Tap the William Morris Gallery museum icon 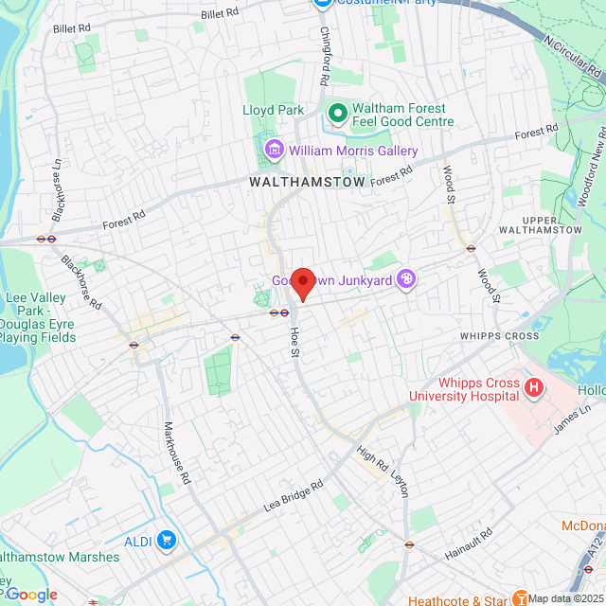coord(275,150)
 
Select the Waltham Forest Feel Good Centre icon coord(337,115)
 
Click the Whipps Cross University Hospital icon coord(534,387)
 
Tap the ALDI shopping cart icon coord(167,540)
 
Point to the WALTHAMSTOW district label coord(307,181)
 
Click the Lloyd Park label coord(274,110)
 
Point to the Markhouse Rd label coord(179,454)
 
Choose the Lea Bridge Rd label coord(294,495)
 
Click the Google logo coord(31,594)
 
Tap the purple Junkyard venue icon coord(406,278)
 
